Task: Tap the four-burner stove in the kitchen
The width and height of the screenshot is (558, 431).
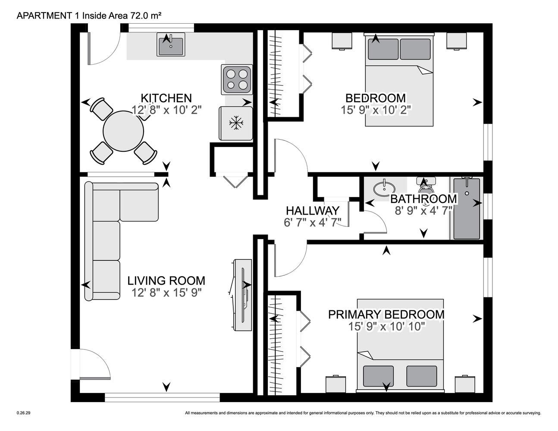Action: coord(237,79)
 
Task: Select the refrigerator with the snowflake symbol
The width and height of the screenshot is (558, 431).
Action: coord(236,123)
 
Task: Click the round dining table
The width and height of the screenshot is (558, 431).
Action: coord(123,131)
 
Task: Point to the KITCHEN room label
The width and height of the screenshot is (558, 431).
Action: coord(166,98)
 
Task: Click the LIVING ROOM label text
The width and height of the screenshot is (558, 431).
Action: coord(166,281)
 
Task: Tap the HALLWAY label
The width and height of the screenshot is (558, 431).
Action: coord(313,211)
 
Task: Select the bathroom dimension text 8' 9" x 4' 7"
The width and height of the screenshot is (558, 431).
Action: coord(423,211)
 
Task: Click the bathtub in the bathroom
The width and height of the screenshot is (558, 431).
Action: coord(467,209)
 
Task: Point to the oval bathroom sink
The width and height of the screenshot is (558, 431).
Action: coord(384,189)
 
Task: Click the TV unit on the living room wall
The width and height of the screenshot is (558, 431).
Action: coord(241,295)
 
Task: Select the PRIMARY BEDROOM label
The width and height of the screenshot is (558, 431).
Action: coord(386,315)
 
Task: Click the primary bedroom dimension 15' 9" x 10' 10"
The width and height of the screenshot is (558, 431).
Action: coord(387,327)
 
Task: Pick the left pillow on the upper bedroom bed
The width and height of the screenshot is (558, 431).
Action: coord(383,49)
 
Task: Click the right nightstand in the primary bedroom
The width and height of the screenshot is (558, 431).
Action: coord(465,384)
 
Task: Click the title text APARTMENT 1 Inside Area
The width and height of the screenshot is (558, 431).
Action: coord(72,16)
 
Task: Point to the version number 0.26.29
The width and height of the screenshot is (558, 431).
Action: coord(23,413)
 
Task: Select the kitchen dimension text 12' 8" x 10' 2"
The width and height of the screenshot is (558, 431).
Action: coord(166,110)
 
